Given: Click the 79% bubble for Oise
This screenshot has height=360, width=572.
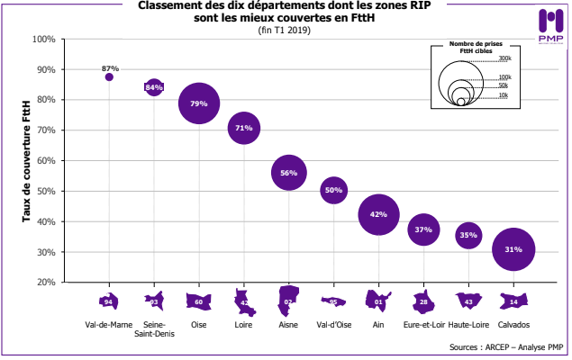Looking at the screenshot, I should click(x=199, y=103).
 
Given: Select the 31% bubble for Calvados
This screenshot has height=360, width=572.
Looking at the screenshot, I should click(x=513, y=249).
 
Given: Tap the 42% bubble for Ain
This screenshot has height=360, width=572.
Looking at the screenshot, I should click(x=378, y=214).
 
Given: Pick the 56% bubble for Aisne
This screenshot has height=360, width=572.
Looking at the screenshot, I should click(x=289, y=172).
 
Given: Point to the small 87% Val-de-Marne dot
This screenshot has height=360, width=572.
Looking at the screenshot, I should click(x=109, y=77).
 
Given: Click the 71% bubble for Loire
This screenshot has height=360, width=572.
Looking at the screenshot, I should click(x=243, y=128).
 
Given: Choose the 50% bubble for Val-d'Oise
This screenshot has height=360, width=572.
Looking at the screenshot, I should click(x=333, y=190).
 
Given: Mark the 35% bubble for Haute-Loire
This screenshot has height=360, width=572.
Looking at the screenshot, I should click(x=468, y=235).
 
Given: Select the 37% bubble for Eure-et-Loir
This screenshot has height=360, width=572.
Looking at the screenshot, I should click(x=423, y=229).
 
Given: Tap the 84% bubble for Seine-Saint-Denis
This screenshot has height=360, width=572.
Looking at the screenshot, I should click(x=154, y=87).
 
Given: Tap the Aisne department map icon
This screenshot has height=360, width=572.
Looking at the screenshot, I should click(x=289, y=301).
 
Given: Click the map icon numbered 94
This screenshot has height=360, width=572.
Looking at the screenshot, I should click(x=109, y=301).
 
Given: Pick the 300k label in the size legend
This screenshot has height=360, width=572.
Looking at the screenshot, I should click(x=504, y=58).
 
